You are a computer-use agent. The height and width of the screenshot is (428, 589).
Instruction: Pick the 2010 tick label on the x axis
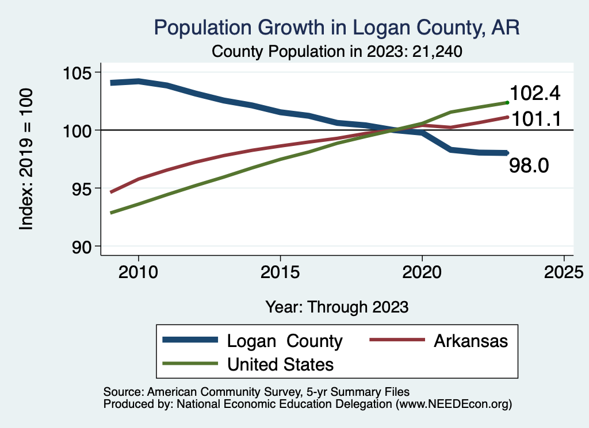[x=139, y=271]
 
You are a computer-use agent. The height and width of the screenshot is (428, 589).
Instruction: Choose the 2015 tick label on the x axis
[x=280, y=271]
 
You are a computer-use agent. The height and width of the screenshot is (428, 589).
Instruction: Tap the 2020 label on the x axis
[x=422, y=271]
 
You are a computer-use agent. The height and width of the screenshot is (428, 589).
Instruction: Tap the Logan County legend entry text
[x=285, y=341]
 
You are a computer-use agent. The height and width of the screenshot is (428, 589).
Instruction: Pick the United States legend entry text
[x=280, y=364]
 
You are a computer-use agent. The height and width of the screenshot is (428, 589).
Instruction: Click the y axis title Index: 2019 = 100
[x=26, y=160]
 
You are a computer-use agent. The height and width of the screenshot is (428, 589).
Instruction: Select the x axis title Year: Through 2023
[x=337, y=307]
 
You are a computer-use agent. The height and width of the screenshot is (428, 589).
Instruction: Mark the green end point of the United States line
[x=507, y=102]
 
